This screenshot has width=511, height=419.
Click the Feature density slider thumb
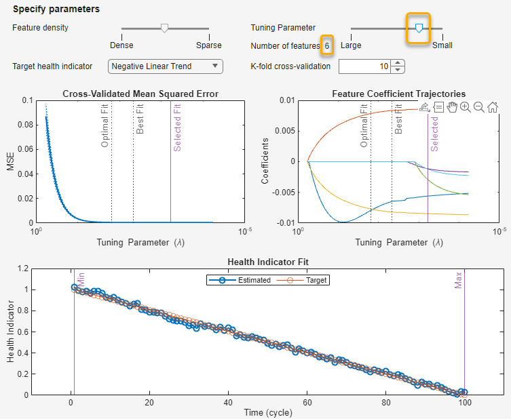164,28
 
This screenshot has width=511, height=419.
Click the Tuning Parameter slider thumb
419,28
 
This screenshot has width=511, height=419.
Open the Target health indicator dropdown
166,66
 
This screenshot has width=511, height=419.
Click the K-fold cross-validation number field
364,66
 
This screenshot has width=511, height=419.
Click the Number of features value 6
327,45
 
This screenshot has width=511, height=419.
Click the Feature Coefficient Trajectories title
398,94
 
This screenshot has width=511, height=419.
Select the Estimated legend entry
247,279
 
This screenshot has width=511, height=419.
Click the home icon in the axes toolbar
493,107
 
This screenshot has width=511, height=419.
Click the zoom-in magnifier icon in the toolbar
466,107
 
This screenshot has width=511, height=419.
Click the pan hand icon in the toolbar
452,107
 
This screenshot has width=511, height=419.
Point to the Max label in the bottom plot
459,281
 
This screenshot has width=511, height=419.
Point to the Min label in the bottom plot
81,279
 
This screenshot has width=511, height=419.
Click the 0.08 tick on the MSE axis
26,124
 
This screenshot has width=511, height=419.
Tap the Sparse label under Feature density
208,45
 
